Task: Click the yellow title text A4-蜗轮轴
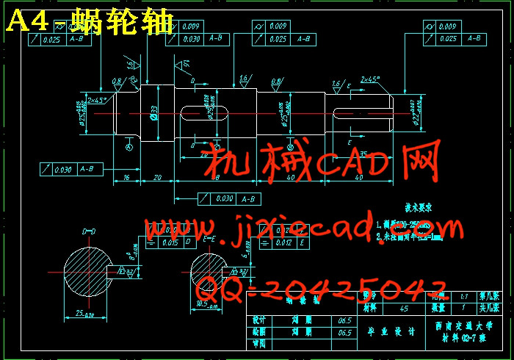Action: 90,21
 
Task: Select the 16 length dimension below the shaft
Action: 126,178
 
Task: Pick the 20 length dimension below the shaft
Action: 156,178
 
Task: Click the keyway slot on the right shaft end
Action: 360,112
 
